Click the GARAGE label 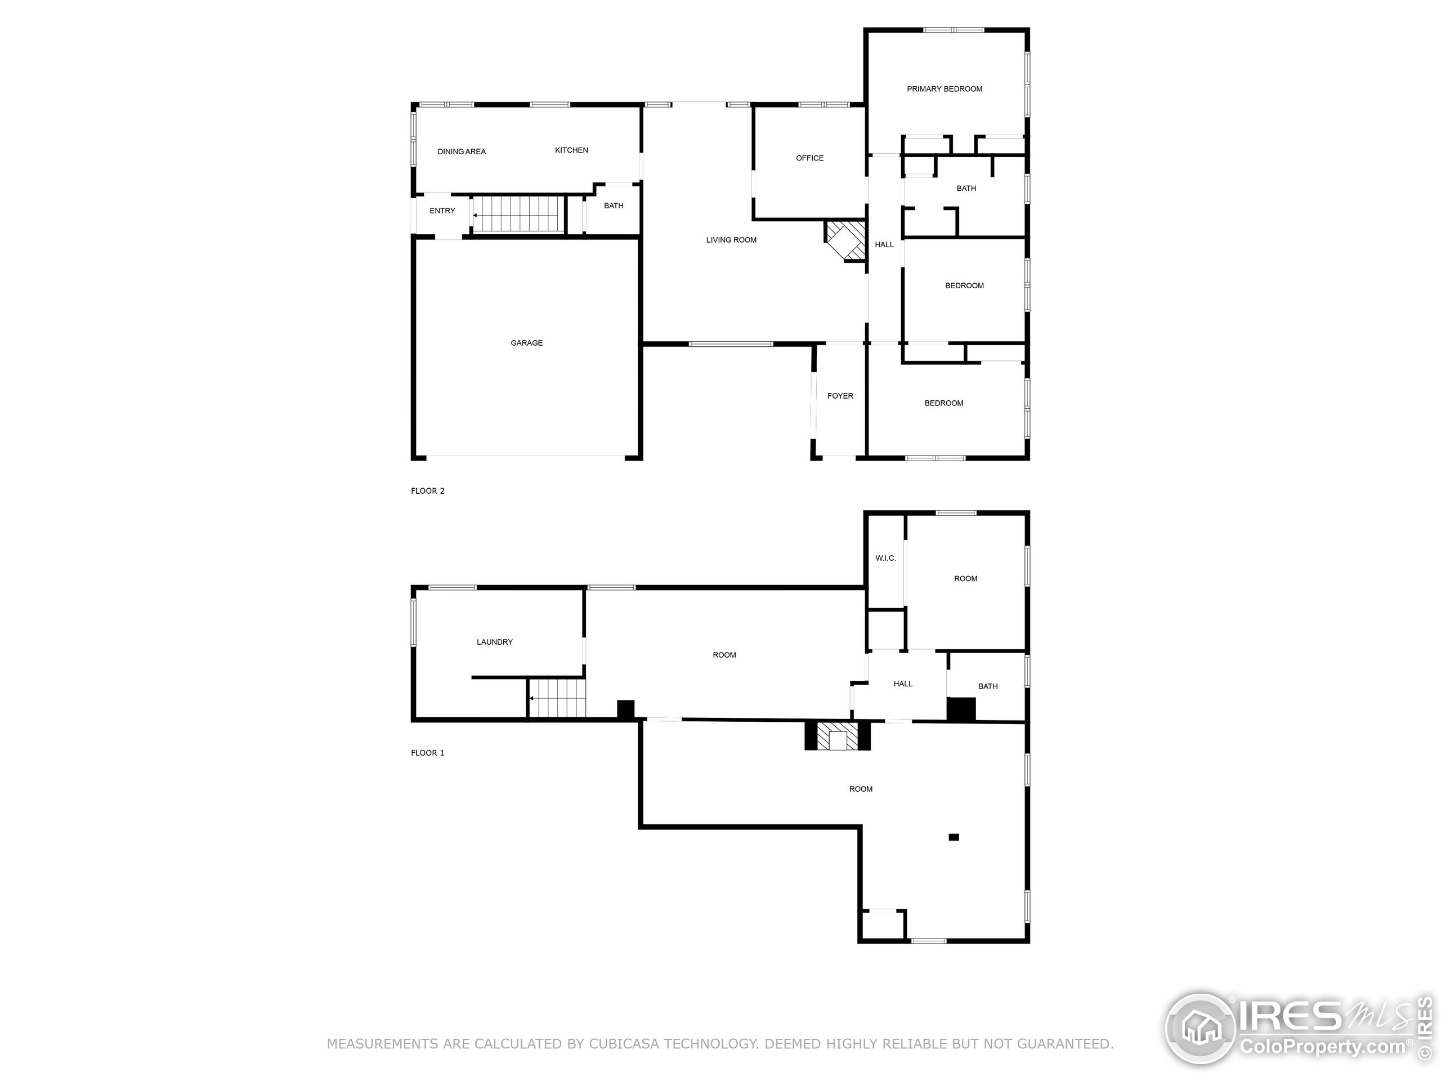[526, 343]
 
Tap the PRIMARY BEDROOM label [944, 88]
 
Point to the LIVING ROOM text [731, 240]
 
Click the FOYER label [840, 395]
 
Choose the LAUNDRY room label [494, 642]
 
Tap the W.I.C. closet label [885, 558]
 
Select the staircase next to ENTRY [517, 215]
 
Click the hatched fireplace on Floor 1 [837, 736]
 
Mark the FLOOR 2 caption [427, 490]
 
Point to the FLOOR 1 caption [427, 753]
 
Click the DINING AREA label [461, 151]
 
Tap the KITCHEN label [571, 150]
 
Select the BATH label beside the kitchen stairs [613, 206]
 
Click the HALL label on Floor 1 [902, 684]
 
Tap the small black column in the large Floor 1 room [954, 837]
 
